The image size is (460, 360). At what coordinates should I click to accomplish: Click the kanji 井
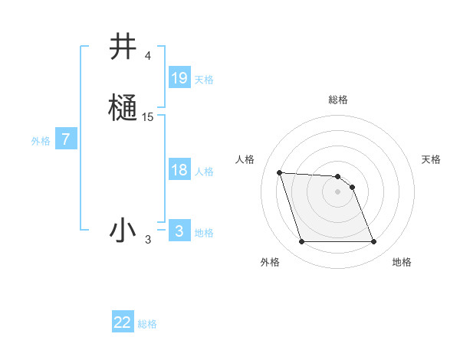point(123,47)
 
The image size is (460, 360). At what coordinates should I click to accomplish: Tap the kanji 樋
point(123,106)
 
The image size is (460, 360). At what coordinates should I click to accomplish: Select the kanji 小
point(123,230)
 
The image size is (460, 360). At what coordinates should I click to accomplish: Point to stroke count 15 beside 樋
point(148,117)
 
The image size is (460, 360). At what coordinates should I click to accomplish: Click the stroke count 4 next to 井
point(147,56)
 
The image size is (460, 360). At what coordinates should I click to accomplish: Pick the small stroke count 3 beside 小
point(148,241)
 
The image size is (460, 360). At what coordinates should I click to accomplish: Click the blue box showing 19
point(179,78)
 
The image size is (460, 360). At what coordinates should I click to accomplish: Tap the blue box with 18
point(179,170)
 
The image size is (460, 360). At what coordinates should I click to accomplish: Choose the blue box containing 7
point(67,140)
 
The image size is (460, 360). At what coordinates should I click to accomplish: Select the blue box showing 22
point(123,322)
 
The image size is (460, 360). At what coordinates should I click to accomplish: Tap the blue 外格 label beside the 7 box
point(40,141)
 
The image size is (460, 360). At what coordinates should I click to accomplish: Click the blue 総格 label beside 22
point(147,324)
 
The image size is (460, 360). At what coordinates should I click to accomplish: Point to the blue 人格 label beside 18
point(204,172)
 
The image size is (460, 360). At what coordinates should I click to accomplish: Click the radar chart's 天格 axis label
point(431,159)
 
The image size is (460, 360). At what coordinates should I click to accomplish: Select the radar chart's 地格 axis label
point(402,262)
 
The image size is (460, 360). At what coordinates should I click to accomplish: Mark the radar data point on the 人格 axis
point(279,172)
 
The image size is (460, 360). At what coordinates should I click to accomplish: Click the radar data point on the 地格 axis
point(373,242)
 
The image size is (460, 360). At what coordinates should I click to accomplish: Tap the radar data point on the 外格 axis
point(301,242)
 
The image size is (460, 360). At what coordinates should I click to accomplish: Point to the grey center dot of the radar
point(337,191)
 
